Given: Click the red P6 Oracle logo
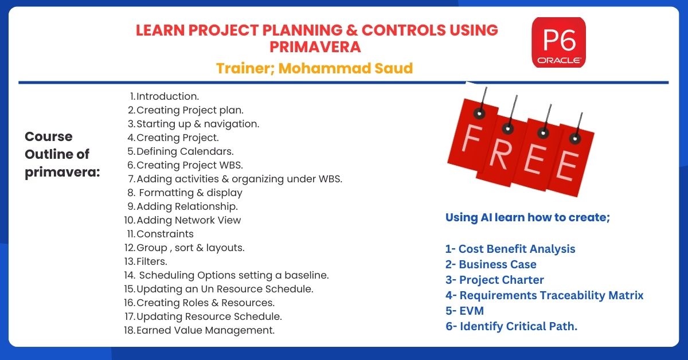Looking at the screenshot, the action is [x=558, y=42].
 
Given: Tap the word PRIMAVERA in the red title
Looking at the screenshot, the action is [x=315, y=47].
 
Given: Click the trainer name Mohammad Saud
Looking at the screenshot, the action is [x=346, y=68].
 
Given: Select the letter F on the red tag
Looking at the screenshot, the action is [x=471, y=138].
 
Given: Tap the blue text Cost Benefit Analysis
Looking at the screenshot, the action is [x=517, y=249].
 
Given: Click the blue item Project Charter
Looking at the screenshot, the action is [x=502, y=280].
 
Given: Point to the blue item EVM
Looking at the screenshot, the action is [x=472, y=311].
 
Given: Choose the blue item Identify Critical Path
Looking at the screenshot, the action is [x=518, y=326].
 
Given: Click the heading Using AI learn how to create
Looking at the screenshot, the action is [x=527, y=217].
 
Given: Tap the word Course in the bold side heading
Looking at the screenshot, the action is [x=49, y=136].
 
